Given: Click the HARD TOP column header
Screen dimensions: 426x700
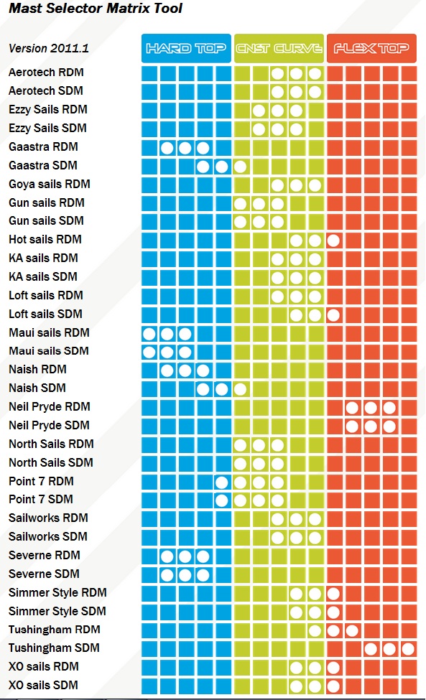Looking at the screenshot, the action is (x=186, y=48).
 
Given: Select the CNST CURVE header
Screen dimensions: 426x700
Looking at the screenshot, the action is (x=279, y=48).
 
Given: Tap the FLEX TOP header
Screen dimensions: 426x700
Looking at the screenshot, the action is (x=371, y=48).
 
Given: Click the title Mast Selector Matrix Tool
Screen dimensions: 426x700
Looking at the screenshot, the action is (x=96, y=8).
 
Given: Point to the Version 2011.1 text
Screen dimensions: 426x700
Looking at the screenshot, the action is (x=49, y=48).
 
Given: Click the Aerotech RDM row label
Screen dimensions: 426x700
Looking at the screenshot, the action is (x=46, y=73).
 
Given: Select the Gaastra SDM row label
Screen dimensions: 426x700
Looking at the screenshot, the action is (x=43, y=166).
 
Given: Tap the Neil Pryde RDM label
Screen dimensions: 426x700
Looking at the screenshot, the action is (x=49, y=406).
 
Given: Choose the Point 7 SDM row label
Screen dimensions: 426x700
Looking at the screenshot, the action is (x=41, y=499).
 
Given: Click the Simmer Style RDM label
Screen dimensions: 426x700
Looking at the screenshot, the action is (x=57, y=593).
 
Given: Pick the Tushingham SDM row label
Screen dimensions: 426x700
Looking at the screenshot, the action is (x=54, y=648).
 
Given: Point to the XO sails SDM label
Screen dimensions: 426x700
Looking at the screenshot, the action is (x=43, y=685).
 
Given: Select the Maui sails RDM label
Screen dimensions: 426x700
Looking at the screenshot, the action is (x=49, y=332).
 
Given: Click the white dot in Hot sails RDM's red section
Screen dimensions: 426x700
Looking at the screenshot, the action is (x=333, y=241).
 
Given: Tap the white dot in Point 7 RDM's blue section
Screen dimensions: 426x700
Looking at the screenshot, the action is (x=221, y=482).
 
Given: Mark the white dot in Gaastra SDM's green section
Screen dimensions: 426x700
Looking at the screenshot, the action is (x=240, y=167).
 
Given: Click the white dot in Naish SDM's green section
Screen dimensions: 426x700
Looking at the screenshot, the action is (x=240, y=389).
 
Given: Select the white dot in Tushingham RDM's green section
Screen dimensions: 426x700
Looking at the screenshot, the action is (x=315, y=630).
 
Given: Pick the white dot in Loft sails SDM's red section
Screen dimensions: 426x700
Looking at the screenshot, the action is (x=333, y=315).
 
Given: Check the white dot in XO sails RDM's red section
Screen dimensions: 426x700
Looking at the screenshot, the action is (x=333, y=668).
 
